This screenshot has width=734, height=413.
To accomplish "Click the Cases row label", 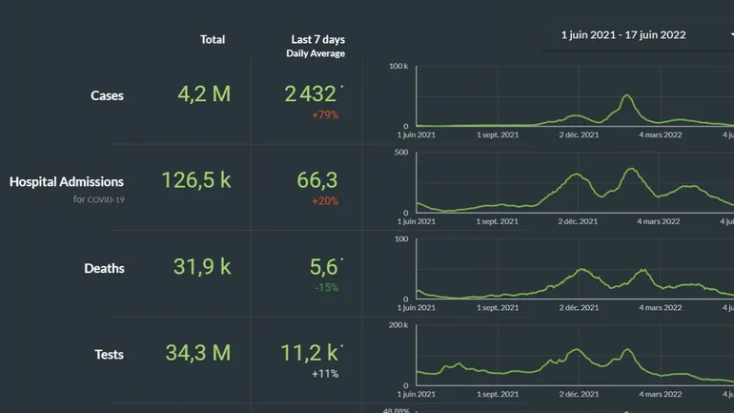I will (107, 95).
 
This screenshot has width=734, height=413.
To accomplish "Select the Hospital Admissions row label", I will (67, 181).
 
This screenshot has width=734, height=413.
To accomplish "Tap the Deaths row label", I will (104, 268).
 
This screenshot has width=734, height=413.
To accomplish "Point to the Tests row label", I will (109, 354).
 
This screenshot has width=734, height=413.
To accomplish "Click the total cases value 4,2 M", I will (204, 94).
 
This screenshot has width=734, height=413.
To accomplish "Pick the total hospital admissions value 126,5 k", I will (196, 180).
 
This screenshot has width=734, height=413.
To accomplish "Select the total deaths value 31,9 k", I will (202, 267).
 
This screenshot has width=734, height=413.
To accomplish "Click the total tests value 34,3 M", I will (198, 353).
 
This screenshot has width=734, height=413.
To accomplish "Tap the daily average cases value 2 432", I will (311, 94).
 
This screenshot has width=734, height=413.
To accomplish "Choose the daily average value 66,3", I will (317, 180).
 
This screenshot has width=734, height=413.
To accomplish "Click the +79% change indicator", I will (325, 115).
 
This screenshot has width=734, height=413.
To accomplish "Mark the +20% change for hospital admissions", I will (325, 201).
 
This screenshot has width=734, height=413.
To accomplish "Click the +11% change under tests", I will (325, 374).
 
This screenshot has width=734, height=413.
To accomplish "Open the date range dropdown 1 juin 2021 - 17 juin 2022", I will (634, 35).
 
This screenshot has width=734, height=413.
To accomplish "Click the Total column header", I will (213, 39).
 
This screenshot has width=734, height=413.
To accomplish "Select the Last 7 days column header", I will (317, 39).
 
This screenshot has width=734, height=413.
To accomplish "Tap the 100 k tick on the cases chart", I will (398, 67).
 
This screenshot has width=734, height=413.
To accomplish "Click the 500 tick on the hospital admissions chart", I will (401, 153).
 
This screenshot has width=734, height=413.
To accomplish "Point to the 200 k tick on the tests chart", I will (398, 325).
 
